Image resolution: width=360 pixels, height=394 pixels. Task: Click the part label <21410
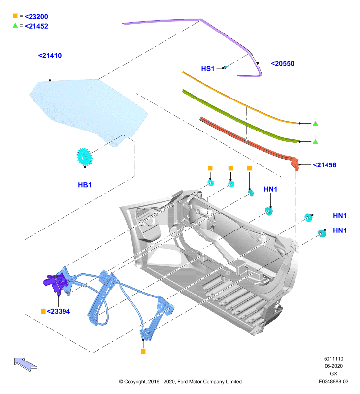50,56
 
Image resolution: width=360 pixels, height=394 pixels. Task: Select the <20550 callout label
283,64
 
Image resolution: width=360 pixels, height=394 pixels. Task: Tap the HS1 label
208,69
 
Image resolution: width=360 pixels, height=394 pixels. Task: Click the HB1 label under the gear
85,185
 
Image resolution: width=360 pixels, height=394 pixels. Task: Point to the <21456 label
325,165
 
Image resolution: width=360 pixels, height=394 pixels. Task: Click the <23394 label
58,311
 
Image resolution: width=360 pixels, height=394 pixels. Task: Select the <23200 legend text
36,17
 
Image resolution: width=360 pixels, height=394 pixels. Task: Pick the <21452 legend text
36,26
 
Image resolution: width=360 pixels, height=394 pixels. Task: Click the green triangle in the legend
15,26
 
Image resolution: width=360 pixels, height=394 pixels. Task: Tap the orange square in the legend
15,16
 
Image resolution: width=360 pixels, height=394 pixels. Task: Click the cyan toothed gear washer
84,157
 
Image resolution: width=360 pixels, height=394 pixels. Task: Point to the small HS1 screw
227,67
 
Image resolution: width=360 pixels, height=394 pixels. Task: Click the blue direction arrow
26,364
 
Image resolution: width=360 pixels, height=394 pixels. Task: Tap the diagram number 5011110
333,359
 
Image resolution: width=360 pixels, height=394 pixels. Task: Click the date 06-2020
333,366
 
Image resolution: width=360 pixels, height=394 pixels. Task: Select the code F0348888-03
333,381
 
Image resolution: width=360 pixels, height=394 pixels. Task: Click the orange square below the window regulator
143,352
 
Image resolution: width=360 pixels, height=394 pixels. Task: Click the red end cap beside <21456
295,164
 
